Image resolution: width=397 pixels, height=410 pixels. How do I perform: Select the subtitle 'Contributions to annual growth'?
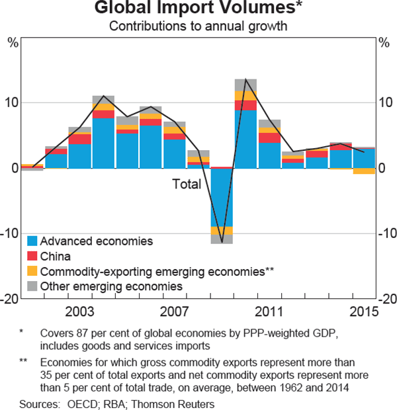[x=198, y=26]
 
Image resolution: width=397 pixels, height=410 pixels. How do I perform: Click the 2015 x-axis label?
[x=364, y=311]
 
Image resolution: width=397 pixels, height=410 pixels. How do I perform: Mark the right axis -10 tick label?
[x=386, y=233]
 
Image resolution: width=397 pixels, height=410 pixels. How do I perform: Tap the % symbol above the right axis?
[x=384, y=43]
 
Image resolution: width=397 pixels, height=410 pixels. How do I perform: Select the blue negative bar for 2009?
[x=222, y=197]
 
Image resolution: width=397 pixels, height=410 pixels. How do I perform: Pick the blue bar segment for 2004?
[x=103, y=143]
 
